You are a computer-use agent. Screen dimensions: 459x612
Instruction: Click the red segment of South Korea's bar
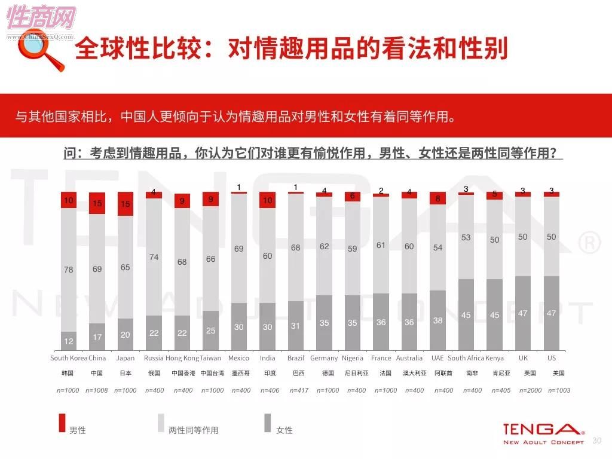tap(69, 200)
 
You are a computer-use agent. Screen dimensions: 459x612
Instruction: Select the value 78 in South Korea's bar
tap(69, 270)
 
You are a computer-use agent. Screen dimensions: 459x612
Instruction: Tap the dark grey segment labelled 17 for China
tap(97, 337)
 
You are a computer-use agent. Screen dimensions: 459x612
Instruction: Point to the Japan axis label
tap(126, 359)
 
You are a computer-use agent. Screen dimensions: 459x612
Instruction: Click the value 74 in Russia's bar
tap(154, 257)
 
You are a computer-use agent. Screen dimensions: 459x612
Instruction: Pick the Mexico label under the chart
tap(238, 359)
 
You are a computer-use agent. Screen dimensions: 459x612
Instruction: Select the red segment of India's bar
tap(267, 200)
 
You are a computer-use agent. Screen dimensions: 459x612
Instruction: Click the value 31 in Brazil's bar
tap(295, 326)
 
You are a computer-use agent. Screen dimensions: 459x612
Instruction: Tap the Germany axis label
tap(324, 359)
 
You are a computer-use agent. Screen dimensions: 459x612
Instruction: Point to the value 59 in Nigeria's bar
tap(352, 249)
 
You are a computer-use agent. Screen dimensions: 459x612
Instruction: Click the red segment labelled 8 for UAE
tap(437, 199)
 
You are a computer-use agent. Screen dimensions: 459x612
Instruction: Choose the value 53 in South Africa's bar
tap(466, 237)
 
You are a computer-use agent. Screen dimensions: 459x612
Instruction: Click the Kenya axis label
tap(494, 359)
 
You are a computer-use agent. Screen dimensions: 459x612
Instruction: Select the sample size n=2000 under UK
tap(523, 390)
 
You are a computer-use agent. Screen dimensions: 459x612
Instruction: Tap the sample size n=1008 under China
tap(97, 390)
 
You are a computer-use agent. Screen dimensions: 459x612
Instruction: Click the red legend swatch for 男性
tap(61, 423)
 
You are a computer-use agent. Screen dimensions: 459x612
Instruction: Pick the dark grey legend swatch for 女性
tap(268, 423)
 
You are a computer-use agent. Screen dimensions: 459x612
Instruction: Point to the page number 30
tap(596, 440)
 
